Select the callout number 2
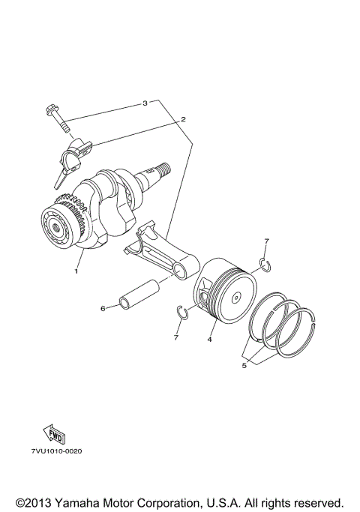182,118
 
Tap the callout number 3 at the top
144,102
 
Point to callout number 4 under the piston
209,340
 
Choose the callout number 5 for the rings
244,366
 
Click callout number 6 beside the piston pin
103,307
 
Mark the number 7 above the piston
265,241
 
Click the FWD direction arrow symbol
55,436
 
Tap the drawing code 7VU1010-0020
56,452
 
